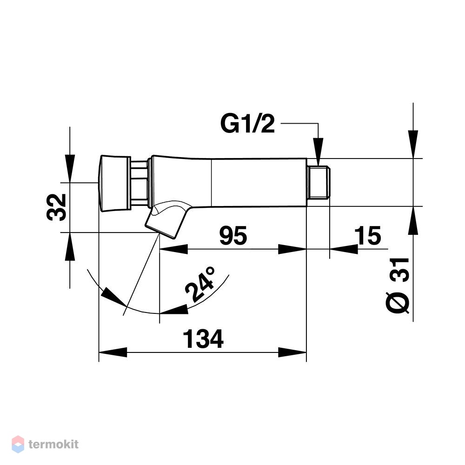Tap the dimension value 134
(x=203, y=339)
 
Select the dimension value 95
(x=233, y=235)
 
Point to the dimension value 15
(x=367, y=235)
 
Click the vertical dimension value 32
(x=56, y=207)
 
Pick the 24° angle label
(x=200, y=284)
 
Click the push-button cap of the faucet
(x=114, y=184)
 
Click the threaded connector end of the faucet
(x=319, y=182)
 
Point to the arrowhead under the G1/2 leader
(x=319, y=151)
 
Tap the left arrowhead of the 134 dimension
(x=113, y=352)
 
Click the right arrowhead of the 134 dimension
(x=292, y=352)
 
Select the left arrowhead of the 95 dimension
(x=174, y=249)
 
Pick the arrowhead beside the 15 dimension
(x=344, y=249)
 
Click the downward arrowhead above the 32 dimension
(x=70, y=168)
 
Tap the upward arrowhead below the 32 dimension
(x=70, y=247)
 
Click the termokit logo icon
(x=18, y=444)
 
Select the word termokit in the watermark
(x=53, y=444)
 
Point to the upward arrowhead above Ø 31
(x=413, y=220)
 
